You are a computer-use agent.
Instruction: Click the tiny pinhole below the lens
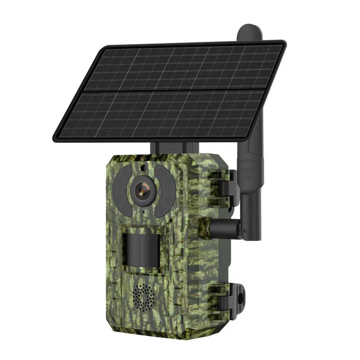click(x=143, y=212)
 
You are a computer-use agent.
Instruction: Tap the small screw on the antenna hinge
click(x=246, y=230)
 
